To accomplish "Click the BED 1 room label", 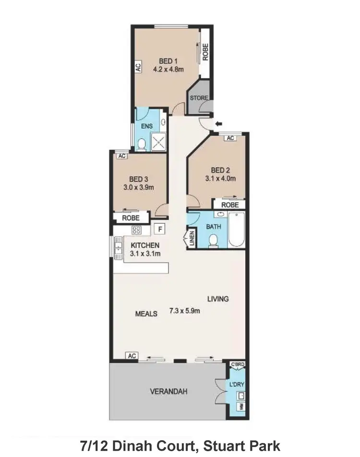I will coord(168,61).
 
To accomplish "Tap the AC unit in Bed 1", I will coord(138,67).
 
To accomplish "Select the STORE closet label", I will coord(199,98).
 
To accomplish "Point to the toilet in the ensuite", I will coord(141,144).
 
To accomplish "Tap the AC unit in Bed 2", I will coord(230,138).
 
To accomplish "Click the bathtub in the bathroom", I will coord(237,230).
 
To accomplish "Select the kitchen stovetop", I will coord(136,230).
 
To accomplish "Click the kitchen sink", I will coord(118,248).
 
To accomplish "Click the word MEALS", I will coord(146,313).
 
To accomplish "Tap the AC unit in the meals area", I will coord(132,356).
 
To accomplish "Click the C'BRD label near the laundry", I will coord(238,365).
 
